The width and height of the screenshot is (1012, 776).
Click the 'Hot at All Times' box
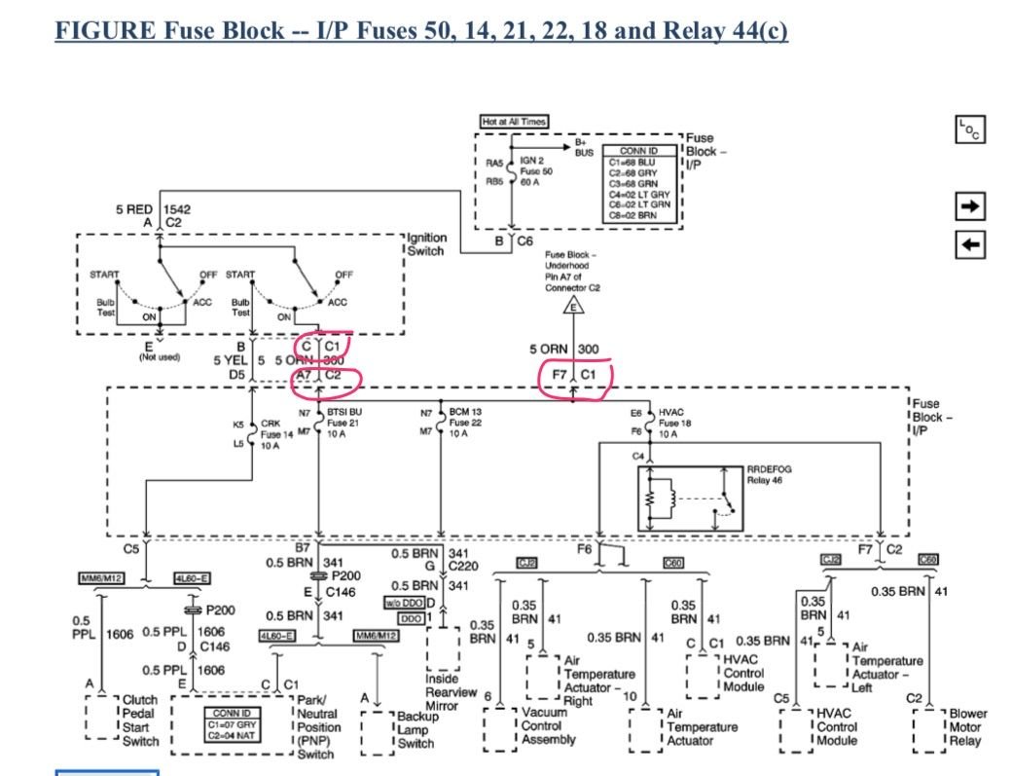(x=514, y=122)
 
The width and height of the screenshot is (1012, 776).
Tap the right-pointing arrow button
(x=972, y=206)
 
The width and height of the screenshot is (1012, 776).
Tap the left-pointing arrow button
(x=972, y=244)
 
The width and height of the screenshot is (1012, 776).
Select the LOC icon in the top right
(x=971, y=129)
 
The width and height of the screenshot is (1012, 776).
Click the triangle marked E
(x=572, y=306)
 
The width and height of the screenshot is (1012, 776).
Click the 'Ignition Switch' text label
(x=425, y=243)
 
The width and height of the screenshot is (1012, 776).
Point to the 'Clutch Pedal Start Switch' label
(x=140, y=721)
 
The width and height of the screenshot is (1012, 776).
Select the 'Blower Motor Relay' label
(x=967, y=726)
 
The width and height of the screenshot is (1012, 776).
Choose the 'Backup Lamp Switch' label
(x=416, y=729)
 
